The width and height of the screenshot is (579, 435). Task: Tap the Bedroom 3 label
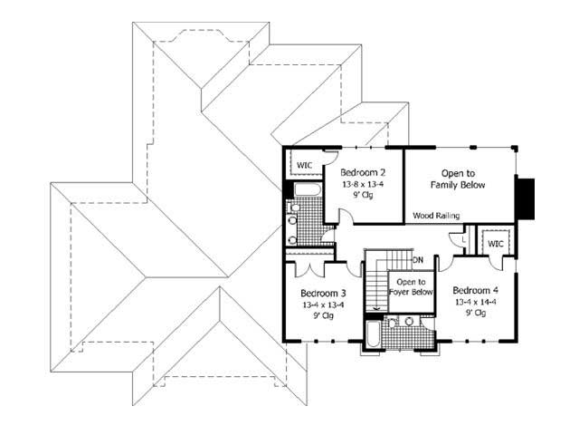click(323, 293)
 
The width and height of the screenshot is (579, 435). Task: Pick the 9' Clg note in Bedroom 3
click(323, 316)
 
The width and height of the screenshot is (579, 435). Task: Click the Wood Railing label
click(436, 216)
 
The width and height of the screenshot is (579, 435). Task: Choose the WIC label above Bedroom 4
click(495, 244)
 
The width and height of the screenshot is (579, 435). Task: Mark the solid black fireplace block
click(526, 193)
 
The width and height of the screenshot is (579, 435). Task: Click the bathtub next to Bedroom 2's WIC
click(304, 191)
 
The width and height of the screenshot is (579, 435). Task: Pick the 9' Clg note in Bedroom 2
click(362, 196)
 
